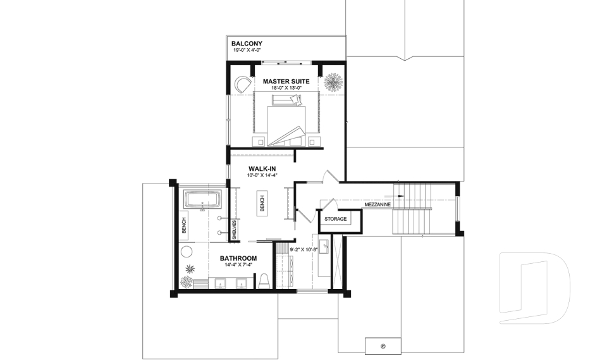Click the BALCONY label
[247, 44]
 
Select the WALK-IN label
[262, 168]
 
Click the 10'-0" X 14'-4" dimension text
[262, 175]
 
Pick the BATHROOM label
[238, 258]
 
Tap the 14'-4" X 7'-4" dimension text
[238, 265]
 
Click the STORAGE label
[336, 219]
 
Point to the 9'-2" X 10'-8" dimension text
[303, 249]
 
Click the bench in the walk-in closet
[262, 203]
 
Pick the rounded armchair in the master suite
[242, 84]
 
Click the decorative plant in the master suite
[333, 82]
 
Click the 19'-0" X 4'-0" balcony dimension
[247, 49]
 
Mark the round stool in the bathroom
[186, 252]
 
